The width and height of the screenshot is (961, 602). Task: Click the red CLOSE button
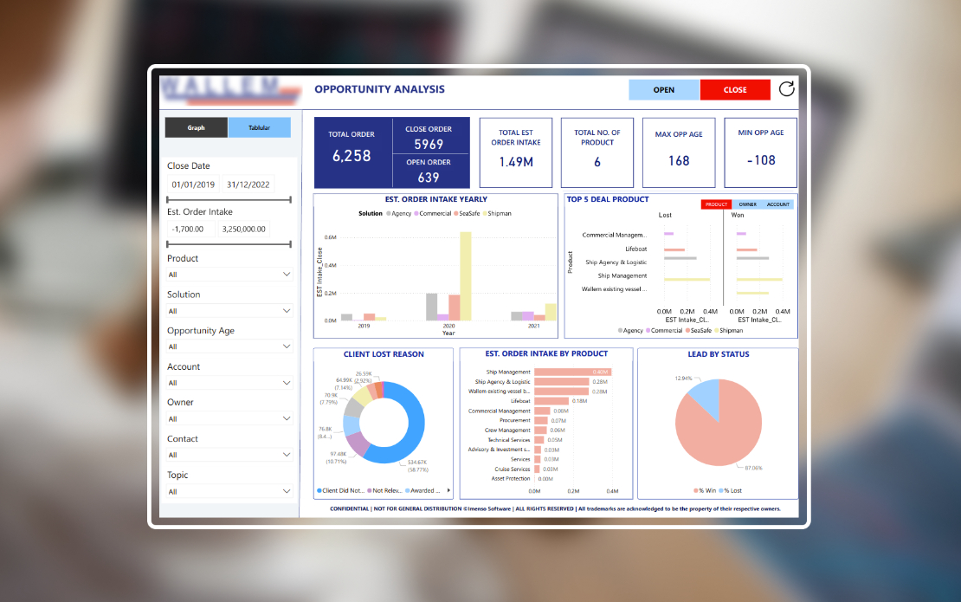tap(735, 90)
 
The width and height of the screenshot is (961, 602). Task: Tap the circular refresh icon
tap(786, 89)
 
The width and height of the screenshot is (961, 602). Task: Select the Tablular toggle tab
tap(259, 127)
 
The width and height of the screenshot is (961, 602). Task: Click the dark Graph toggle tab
tap(197, 127)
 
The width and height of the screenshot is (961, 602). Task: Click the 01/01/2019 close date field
tap(193, 184)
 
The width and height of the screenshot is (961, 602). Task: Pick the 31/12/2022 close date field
tap(247, 184)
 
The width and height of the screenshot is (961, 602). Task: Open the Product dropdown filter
tap(229, 275)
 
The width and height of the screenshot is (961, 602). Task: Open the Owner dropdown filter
tap(229, 419)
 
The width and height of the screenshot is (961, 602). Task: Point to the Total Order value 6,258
tap(352, 156)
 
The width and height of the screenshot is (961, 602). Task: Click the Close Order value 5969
tap(429, 145)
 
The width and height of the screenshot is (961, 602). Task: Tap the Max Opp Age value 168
tap(679, 160)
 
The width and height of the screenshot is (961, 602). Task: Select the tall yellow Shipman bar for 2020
tap(466, 275)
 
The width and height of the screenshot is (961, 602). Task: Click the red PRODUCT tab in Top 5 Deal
tap(716, 204)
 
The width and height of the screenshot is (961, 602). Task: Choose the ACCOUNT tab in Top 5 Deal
tap(778, 204)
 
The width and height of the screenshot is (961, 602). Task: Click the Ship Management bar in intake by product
tap(571, 372)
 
